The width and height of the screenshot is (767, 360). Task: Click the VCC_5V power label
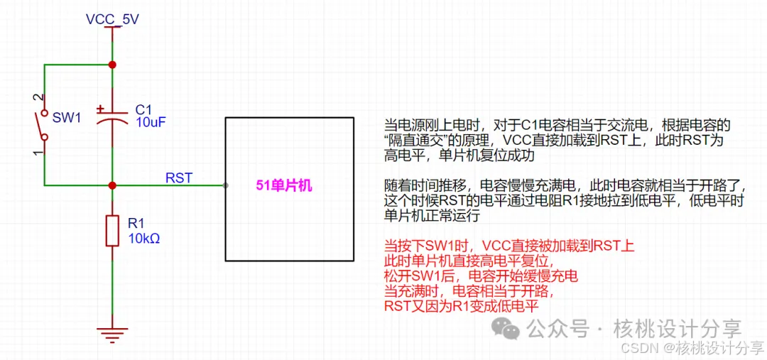click(x=112, y=19)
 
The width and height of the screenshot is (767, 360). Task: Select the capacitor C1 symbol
click(x=112, y=118)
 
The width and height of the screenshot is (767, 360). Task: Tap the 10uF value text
click(x=151, y=122)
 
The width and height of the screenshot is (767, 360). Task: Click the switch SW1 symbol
click(x=44, y=125)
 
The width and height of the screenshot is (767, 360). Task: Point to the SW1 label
click(x=67, y=117)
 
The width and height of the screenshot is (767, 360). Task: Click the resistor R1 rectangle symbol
click(x=112, y=231)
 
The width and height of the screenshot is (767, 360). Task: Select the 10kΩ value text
click(x=143, y=238)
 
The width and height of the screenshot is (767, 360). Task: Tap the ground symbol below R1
click(x=112, y=333)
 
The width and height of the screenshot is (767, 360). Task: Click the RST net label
click(x=178, y=178)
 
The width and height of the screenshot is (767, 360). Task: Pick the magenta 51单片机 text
click(x=284, y=186)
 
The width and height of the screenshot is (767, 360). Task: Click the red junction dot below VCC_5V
click(x=112, y=65)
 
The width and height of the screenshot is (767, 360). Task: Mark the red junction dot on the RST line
click(x=112, y=185)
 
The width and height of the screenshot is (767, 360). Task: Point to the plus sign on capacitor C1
click(x=101, y=109)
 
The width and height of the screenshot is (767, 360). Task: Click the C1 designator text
click(x=143, y=109)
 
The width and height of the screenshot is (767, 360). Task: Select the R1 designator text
click(x=136, y=224)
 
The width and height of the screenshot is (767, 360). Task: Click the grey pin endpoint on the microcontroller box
click(x=226, y=185)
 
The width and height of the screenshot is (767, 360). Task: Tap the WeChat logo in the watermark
click(x=507, y=328)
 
